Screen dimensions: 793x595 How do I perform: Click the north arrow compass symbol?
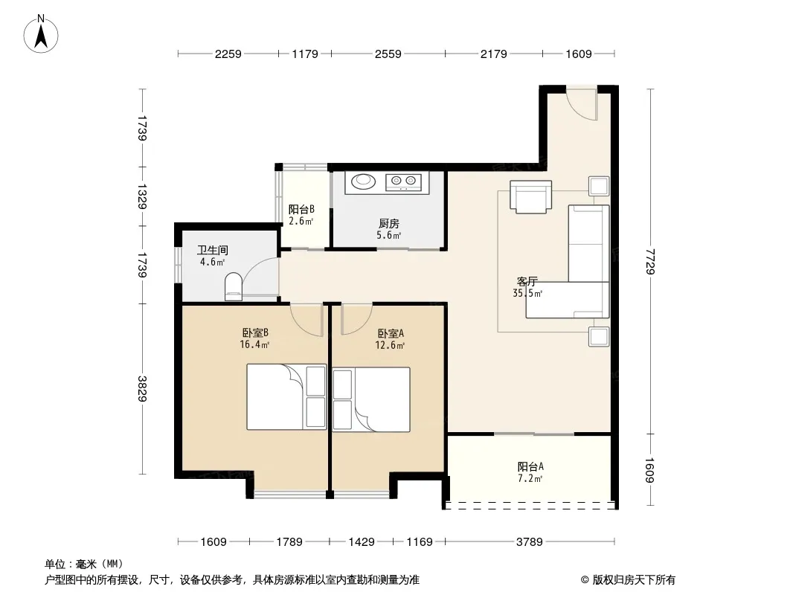pyautogui.click(x=41, y=34)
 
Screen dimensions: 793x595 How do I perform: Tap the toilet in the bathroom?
pyautogui.click(x=233, y=286)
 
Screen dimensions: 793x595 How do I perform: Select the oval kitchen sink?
pyautogui.click(x=362, y=181)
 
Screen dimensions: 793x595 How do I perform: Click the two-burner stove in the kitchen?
pyautogui.click(x=403, y=181)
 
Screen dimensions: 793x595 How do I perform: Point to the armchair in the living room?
pyautogui.click(x=530, y=196)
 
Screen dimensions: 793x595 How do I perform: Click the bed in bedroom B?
pyautogui.click(x=286, y=397)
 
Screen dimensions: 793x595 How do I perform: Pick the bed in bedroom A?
pyautogui.click(x=370, y=399)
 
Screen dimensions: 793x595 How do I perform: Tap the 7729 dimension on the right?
pyautogui.click(x=650, y=261)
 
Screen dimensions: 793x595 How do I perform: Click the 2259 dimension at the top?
pyautogui.click(x=228, y=54)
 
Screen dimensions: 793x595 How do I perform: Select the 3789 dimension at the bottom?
pyautogui.click(x=529, y=542)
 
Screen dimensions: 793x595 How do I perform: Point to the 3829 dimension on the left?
pyautogui.click(x=142, y=388)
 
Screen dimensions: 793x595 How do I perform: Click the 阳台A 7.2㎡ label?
pyautogui.click(x=530, y=472)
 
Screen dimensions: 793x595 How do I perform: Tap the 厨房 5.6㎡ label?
pyautogui.click(x=388, y=229)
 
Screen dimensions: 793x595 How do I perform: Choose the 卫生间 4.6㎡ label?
pyautogui.click(x=213, y=256)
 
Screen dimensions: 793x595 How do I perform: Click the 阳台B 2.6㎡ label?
pyautogui.click(x=301, y=215)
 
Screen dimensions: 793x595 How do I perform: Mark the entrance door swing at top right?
pyautogui.click(x=582, y=105)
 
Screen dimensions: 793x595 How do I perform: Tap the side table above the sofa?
pyautogui.click(x=599, y=186)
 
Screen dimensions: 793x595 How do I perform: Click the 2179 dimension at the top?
pyautogui.click(x=494, y=54)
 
